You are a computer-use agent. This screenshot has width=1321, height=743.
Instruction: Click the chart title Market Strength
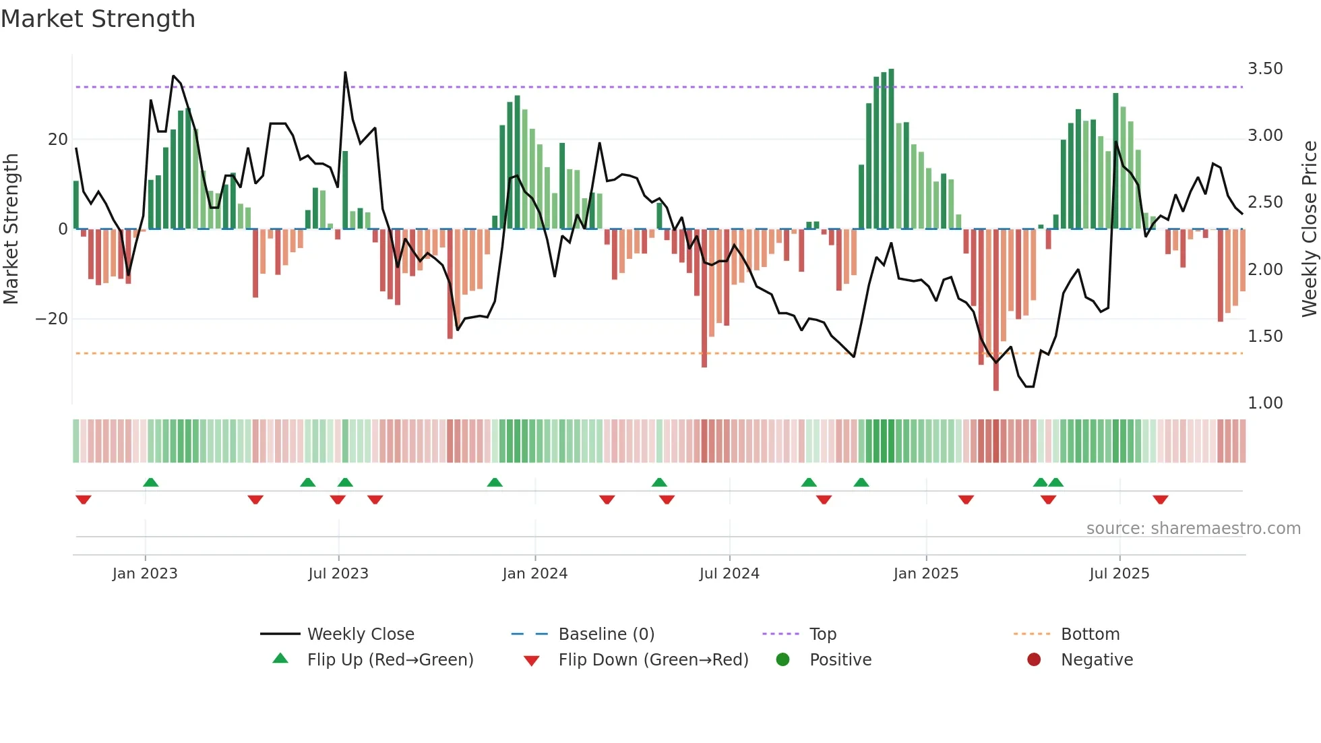tap(98, 19)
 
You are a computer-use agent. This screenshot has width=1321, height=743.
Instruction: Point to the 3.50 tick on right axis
tap(1264, 69)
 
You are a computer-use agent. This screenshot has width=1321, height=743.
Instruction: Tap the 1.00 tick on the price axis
tap(1264, 403)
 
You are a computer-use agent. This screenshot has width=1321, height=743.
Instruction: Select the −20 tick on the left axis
tap(52, 319)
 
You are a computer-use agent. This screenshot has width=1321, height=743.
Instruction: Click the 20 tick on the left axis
tap(58, 140)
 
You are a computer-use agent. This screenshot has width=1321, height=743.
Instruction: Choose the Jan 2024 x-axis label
tap(534, 574)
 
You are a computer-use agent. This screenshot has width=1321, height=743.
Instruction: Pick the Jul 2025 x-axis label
tap(1119, 574)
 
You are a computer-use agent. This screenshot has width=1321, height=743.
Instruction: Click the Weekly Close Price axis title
tap(1309, 229)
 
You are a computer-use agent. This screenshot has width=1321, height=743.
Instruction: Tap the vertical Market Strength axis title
tap(11, 229)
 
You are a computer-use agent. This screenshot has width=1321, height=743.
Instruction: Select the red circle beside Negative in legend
tap(1034, 660)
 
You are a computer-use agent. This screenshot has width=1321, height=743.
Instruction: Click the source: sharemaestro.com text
tap(1193, 529)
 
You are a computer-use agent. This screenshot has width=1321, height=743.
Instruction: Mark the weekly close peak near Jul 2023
tap(345, 73)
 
